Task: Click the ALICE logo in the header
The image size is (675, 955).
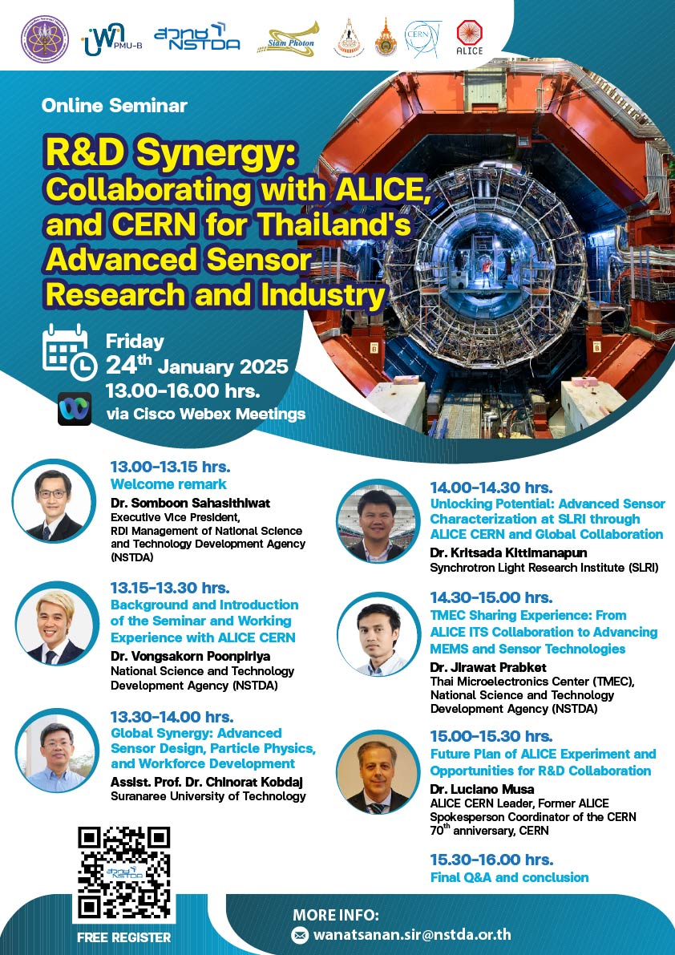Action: (469, 38)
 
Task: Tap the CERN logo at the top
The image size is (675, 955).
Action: (422, 38)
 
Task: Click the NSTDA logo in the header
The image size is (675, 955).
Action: (196, 38)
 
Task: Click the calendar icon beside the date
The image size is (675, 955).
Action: (70, 352)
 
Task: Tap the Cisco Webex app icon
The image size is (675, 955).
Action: (75, 409)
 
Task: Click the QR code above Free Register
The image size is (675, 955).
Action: (124, 872)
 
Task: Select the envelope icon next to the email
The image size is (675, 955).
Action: (300, 935)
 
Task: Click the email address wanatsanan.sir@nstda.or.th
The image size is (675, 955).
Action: (412, 934)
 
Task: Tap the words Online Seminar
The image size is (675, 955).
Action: (115, 105)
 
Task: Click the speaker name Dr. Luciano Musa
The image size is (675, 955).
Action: (482, 789)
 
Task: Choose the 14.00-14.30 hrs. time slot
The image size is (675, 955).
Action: (491, 488)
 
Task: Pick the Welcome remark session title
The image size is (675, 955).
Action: (168, 484)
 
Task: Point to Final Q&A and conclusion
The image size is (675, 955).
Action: (509, 878)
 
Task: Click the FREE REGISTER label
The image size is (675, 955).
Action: (124, 937)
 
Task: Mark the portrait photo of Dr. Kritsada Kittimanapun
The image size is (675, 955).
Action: (378, 521)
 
